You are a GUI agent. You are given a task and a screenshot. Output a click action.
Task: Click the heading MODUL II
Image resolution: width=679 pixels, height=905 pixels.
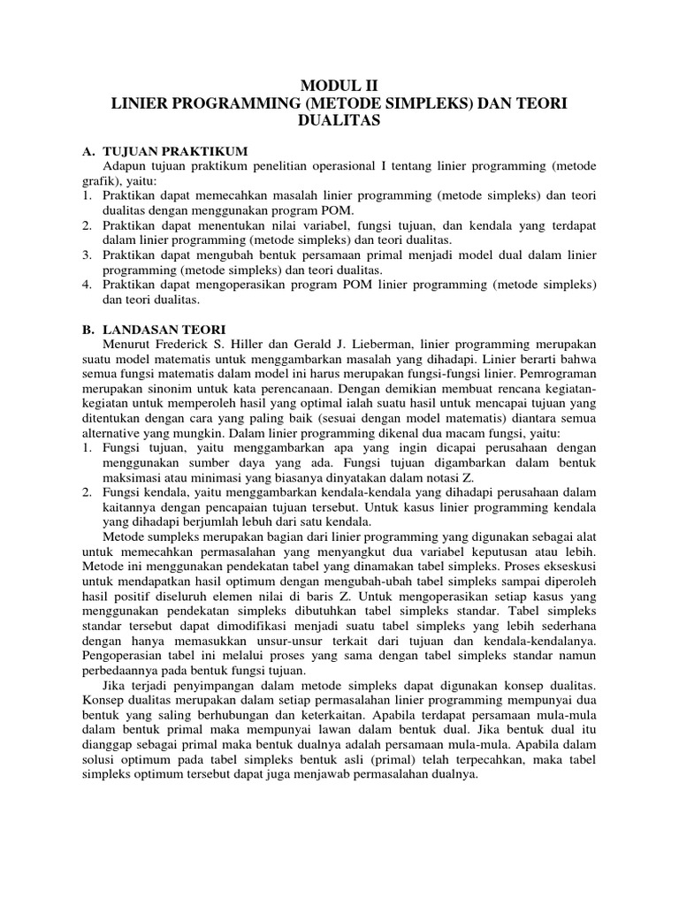(x=339, y=86)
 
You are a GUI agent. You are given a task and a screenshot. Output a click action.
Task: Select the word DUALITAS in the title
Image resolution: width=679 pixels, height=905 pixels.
(x=339, y=121)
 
